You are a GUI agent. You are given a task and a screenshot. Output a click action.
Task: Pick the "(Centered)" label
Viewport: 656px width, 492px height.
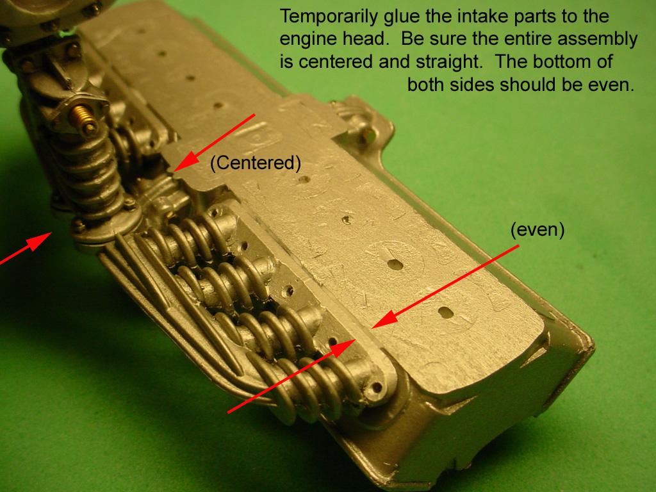click(256, 163)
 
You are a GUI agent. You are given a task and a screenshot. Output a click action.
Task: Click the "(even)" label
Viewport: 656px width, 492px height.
click(537, 230)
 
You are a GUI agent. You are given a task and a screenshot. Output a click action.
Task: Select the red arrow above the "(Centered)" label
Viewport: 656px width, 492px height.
click(215, 143)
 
